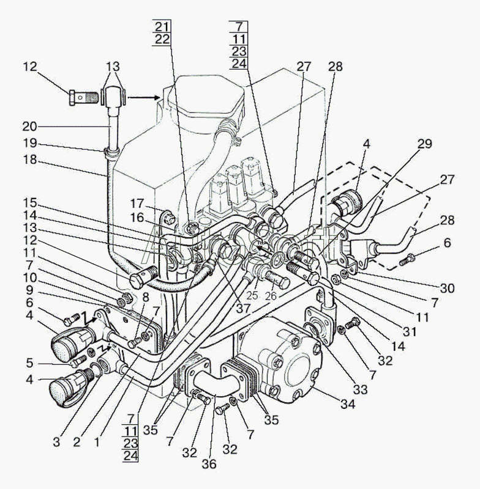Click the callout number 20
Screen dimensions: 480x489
[29, 127]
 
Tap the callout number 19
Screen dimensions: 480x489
[30, 143]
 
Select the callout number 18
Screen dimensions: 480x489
[30, 160]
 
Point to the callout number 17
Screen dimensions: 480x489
[137, 204]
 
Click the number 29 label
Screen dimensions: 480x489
[425, 144]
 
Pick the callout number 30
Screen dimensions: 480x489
[447, 288]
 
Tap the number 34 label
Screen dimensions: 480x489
[348, 404]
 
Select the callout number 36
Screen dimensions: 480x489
[209, 464]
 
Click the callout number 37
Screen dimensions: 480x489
[243, 309]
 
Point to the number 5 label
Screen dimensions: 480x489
[29, 362]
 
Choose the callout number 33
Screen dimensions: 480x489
[360, 389]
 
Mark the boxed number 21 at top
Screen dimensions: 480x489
[162, 26]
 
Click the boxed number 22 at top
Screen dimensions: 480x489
[162, 39]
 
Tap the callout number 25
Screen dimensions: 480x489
[252, 295]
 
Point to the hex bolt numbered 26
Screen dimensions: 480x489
[276, 279]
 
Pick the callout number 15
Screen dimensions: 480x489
[30, 204]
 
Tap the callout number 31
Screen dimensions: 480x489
[410, 331]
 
